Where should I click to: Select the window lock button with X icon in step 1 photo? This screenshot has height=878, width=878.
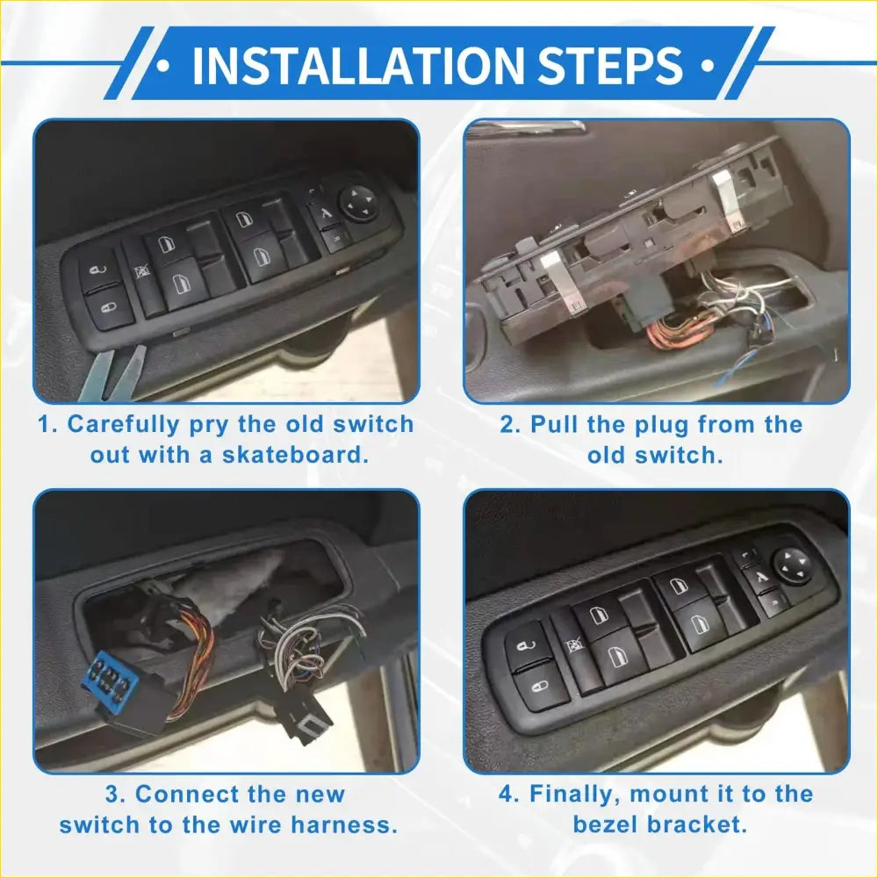pos(138,274)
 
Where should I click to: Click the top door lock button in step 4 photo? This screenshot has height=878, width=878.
pos(525,640)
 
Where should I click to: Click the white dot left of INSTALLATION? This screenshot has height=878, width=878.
pos(163,65)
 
